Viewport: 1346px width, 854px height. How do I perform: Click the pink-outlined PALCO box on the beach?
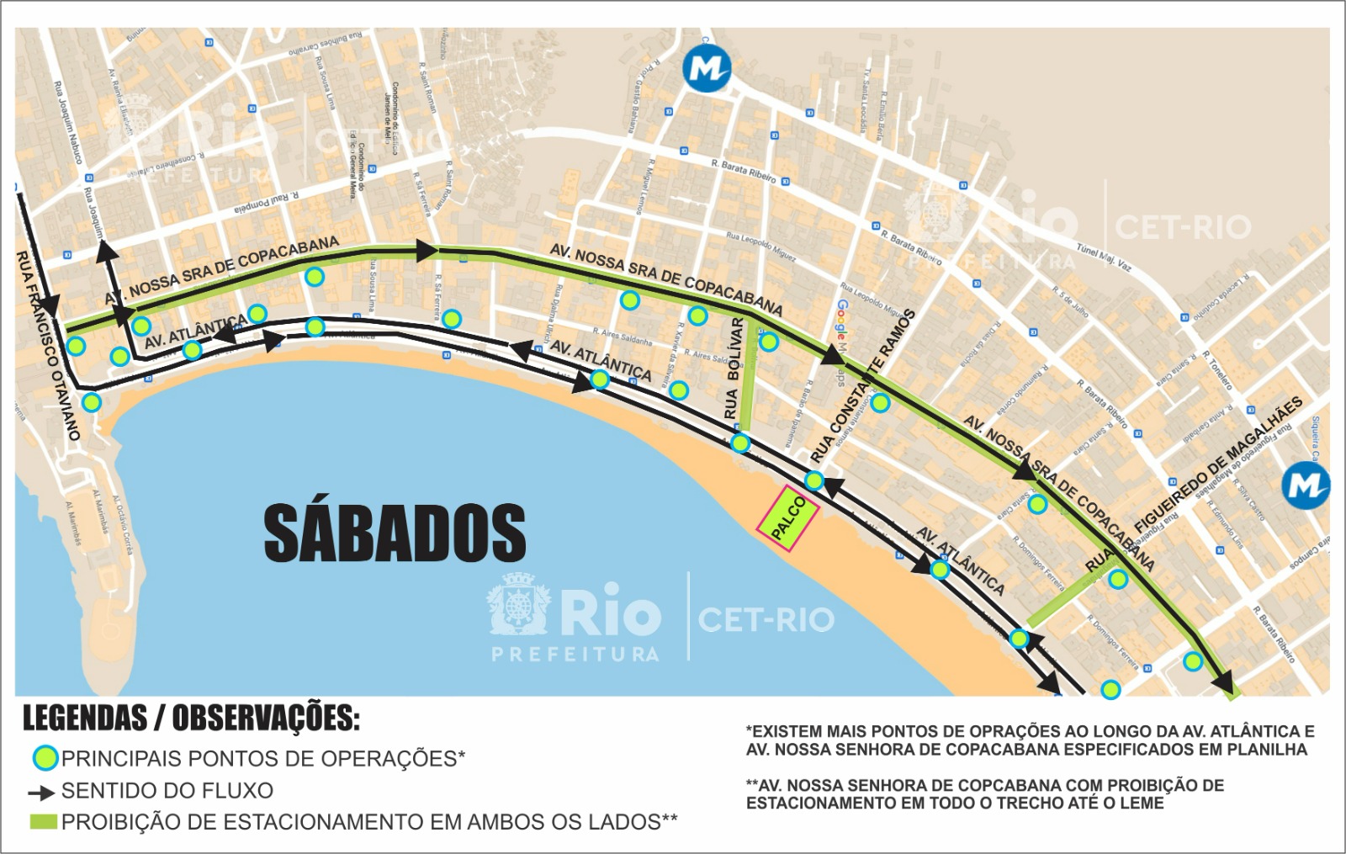coord(787,518)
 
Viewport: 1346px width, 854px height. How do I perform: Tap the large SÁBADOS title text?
coord(395,533)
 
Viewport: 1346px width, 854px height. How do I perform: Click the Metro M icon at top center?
coord(706,67)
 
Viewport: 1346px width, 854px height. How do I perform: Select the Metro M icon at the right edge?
coord(1305,485)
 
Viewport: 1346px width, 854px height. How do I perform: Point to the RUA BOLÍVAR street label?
coord(734,369)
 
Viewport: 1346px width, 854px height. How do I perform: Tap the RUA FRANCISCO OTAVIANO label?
coord(48,345)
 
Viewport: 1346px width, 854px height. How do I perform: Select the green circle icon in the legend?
coord(45,758)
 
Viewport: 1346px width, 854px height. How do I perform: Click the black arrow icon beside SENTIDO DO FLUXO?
coord(41,793)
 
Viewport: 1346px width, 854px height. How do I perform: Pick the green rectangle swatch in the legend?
coord(44,822)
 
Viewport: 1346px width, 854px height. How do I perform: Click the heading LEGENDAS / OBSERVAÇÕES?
coord(191,718)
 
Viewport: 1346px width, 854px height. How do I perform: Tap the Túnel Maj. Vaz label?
coord(1103,256)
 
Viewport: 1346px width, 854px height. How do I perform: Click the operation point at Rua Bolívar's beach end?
coord(740,443)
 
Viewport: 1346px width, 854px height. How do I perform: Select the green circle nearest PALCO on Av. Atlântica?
coord(814,481)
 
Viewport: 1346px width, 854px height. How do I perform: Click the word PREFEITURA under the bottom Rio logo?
coord(575,654)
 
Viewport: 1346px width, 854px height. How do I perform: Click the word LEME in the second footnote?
coord(1142,803)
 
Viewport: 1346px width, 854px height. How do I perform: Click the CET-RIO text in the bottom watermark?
coord(766,620)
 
